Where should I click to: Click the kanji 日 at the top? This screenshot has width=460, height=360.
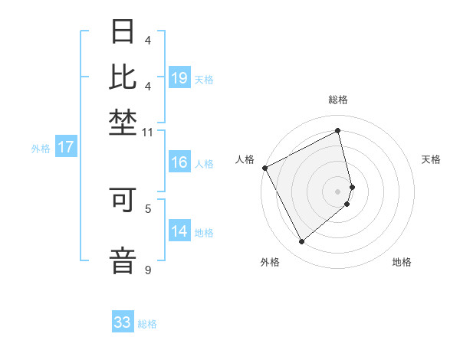pos(123,32)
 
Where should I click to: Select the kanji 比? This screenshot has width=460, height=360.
pos(123,77)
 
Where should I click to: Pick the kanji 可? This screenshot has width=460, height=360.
pos(123,200)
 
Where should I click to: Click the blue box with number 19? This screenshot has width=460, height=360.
pos(179,78)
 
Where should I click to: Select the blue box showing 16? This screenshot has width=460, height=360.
pos(179,162)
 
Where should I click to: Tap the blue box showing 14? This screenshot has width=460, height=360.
pos(179,231)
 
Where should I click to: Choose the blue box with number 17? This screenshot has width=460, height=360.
pos(66,148)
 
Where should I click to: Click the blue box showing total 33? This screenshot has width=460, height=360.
pos(123,322)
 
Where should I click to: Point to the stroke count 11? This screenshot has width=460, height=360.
pos(148,133)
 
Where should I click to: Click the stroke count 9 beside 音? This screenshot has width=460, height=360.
pos(148,270)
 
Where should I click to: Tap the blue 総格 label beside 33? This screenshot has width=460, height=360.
pos(147,324)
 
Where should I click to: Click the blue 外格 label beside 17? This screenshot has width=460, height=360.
pos(40,149)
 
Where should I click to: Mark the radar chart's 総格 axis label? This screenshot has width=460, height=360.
pos(338,100)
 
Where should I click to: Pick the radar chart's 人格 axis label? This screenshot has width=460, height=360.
pos(245,159)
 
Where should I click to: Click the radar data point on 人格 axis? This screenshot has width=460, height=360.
pos(264,168)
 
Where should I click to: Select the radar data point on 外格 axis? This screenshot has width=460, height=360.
pos(301,242)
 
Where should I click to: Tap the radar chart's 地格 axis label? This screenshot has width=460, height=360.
pos(402,262)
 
